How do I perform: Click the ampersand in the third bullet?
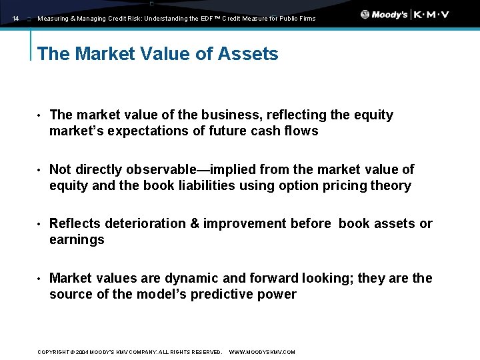(x=195, y=224)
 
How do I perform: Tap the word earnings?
(x=77, y=240)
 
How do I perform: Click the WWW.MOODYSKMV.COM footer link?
(x=262, y=352)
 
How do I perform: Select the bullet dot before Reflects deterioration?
(x=39, y=225)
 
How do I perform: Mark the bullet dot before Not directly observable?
(x=39, y=170)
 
